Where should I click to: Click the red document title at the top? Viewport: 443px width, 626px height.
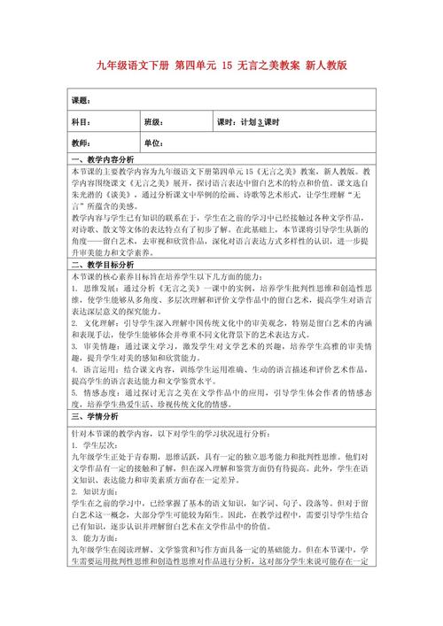coord(221,66)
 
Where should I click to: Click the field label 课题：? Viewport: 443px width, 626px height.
coord(81,100)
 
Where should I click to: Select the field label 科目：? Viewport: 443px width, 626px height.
coord(81,122)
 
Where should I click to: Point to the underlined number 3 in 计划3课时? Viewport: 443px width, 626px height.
coord(260,122)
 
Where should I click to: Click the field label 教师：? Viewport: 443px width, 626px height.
coord(81,143)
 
